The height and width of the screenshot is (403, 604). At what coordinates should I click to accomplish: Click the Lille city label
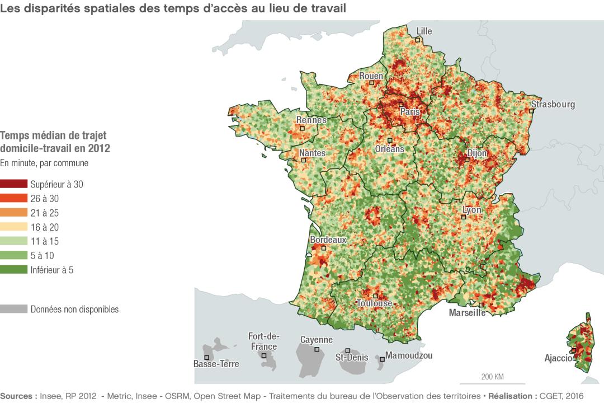click(424, 31)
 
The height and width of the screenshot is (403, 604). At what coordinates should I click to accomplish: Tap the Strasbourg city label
click(553, 104)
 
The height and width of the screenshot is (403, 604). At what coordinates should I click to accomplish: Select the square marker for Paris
click(401, 105)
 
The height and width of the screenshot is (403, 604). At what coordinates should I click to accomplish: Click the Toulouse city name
click(374, 303)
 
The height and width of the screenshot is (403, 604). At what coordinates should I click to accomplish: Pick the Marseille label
click(467, 313)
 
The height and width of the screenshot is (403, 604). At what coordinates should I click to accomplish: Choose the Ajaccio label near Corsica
click(559, 358)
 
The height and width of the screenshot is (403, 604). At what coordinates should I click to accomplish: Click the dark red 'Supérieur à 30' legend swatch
click(13, 184)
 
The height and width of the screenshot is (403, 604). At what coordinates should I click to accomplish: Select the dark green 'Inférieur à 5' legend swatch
click(13, 270)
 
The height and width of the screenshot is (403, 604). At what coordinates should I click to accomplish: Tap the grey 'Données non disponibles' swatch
click(13, 309)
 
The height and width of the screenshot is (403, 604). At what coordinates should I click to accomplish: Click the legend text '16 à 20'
click(45, 227)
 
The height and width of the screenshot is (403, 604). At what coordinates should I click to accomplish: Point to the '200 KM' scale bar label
click(492, 376)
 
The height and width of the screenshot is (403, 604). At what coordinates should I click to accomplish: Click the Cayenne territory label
click(316, 340)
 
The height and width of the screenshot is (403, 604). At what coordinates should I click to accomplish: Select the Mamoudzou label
click(409, 355)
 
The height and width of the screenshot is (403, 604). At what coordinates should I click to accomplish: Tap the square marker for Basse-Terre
click(207, 357)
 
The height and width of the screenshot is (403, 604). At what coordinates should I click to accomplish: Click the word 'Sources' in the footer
click(18, 395)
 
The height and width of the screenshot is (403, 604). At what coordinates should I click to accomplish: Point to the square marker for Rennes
click(303, 128)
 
